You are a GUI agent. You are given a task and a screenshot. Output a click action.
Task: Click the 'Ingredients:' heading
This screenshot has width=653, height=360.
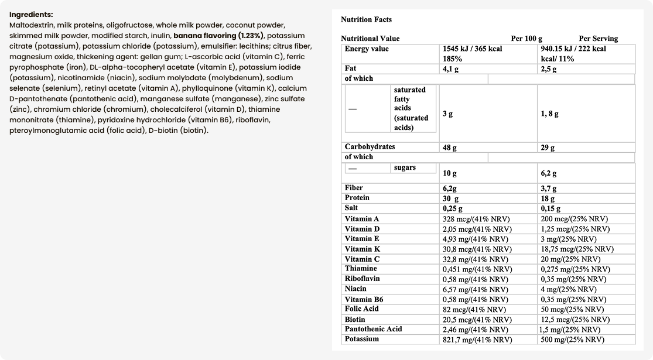pyautogui.click(x=31, y=14)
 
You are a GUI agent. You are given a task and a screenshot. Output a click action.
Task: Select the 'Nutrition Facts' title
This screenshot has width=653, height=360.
pyautogui.click(x=366, y=20)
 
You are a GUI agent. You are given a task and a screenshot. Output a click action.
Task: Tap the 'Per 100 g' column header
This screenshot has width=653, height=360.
pyautogui.click(x=526, y=39)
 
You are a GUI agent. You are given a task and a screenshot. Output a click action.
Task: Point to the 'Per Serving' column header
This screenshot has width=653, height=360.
pyautogui.click(x=598, y=39)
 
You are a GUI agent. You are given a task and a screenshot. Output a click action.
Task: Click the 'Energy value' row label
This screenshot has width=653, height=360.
pyautogui.click(x=367, y=49)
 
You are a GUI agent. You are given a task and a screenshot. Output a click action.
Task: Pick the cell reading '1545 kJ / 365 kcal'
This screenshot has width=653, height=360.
pyautogui.click(x=473, y=49)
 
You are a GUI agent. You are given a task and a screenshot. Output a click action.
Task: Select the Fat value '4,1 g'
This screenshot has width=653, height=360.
pyautogui.click(x=450, y=69)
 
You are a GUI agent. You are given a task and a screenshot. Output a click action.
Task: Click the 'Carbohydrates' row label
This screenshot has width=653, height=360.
pyautogui.click(x=370, y=147)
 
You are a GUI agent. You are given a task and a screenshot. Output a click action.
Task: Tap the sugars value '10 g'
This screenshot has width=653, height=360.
pyautogui.click(x=450, y=173)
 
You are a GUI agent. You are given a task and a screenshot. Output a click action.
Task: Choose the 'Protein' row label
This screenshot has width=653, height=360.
pyautogui.click(x=357, y=198)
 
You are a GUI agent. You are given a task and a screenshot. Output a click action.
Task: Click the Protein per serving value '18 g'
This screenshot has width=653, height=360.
pyautogui.click(x=548, y=198)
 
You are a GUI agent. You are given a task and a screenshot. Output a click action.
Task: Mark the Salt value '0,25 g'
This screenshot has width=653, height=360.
pyautogui.click(x=452, y=208)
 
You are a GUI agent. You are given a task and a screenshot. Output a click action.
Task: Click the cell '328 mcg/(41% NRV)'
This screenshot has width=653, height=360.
pyautogui.click(x=477, y=219)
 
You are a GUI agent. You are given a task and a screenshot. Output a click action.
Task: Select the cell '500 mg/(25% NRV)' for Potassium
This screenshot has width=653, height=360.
pyautogui.click(x=573, y=340)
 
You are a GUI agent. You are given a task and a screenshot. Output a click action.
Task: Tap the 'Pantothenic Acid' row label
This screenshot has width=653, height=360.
pyautogui.click(x=373, y=329)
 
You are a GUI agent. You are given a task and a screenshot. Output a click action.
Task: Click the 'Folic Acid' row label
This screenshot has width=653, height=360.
pyautogui.click(x=362, y=309)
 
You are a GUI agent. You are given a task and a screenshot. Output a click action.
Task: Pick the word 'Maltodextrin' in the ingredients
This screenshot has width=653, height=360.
pyautogui.click(x=32, y=25)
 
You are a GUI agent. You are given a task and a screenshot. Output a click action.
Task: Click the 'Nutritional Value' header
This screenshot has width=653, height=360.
pyautogui.click(x=370, y=39)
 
